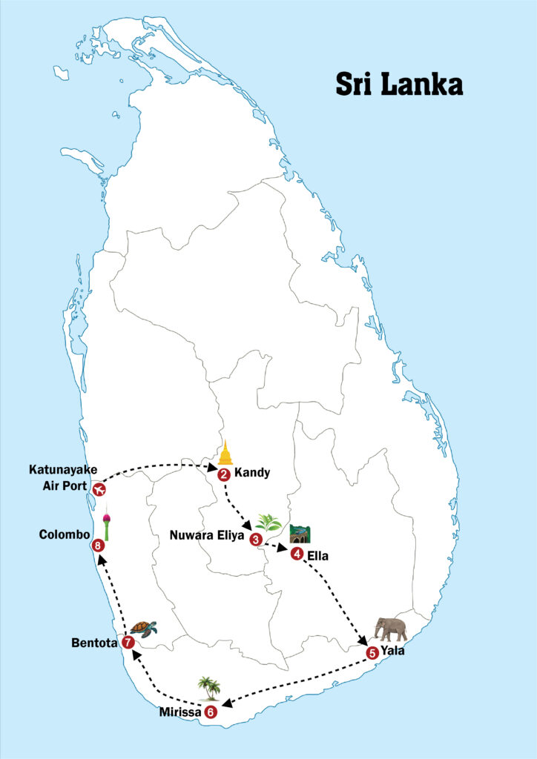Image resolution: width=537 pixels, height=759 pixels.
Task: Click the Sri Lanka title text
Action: pyautogui.click(x=399, y=84)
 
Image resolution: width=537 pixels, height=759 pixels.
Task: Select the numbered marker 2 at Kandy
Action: pyautogui.click(x=224, y=475)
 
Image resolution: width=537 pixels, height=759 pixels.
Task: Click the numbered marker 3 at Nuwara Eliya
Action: pyautogui.click(x=256, y=539)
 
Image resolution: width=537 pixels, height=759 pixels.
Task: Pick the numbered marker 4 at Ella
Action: pyautogui.click(x=297, y=554)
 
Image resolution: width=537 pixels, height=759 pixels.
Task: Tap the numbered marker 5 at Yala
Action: pyautogui.click(x=372, y=652)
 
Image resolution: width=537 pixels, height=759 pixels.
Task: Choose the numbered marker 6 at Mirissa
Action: pyautogui.click(x=211, y=712)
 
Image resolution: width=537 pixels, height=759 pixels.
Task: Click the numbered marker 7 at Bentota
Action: pyautogui.click(x=128, y=643)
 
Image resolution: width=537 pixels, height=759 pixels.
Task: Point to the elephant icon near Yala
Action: pyautogui.click(x=391, y=629)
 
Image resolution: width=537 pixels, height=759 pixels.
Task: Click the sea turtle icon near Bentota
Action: pyautogui.click(x=144, y=628)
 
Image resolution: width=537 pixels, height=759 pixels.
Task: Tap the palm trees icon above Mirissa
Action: pyautogui.click(x=209, y=688)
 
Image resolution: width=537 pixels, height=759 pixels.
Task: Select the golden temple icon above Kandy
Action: pyautogui.click(x=225, y=453)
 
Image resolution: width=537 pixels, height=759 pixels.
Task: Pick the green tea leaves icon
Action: pyautogui.click(x=268, y=523)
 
